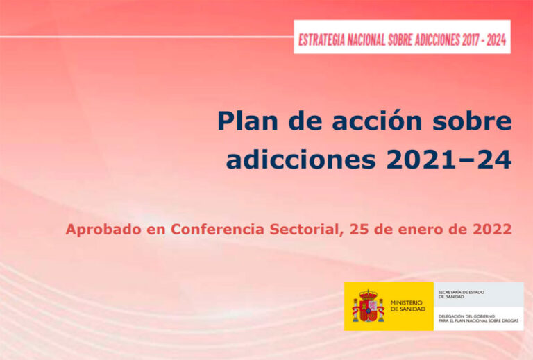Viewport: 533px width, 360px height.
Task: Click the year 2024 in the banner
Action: pyautogui.click(x=500, y=40)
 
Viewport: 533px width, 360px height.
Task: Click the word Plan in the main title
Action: pyautogui.click(x=246, y=121)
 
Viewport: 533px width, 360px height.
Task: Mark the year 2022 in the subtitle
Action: pyautogui.click(x=490, y=229)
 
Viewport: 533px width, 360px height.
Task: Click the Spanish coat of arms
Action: pyautogui.click(x=368, y=307)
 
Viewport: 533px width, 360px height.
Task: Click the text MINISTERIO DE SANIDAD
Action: pyautogui.click(x=407, y=307)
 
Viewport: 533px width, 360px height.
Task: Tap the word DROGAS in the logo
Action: pyautogui.click(x=507, y=320)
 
